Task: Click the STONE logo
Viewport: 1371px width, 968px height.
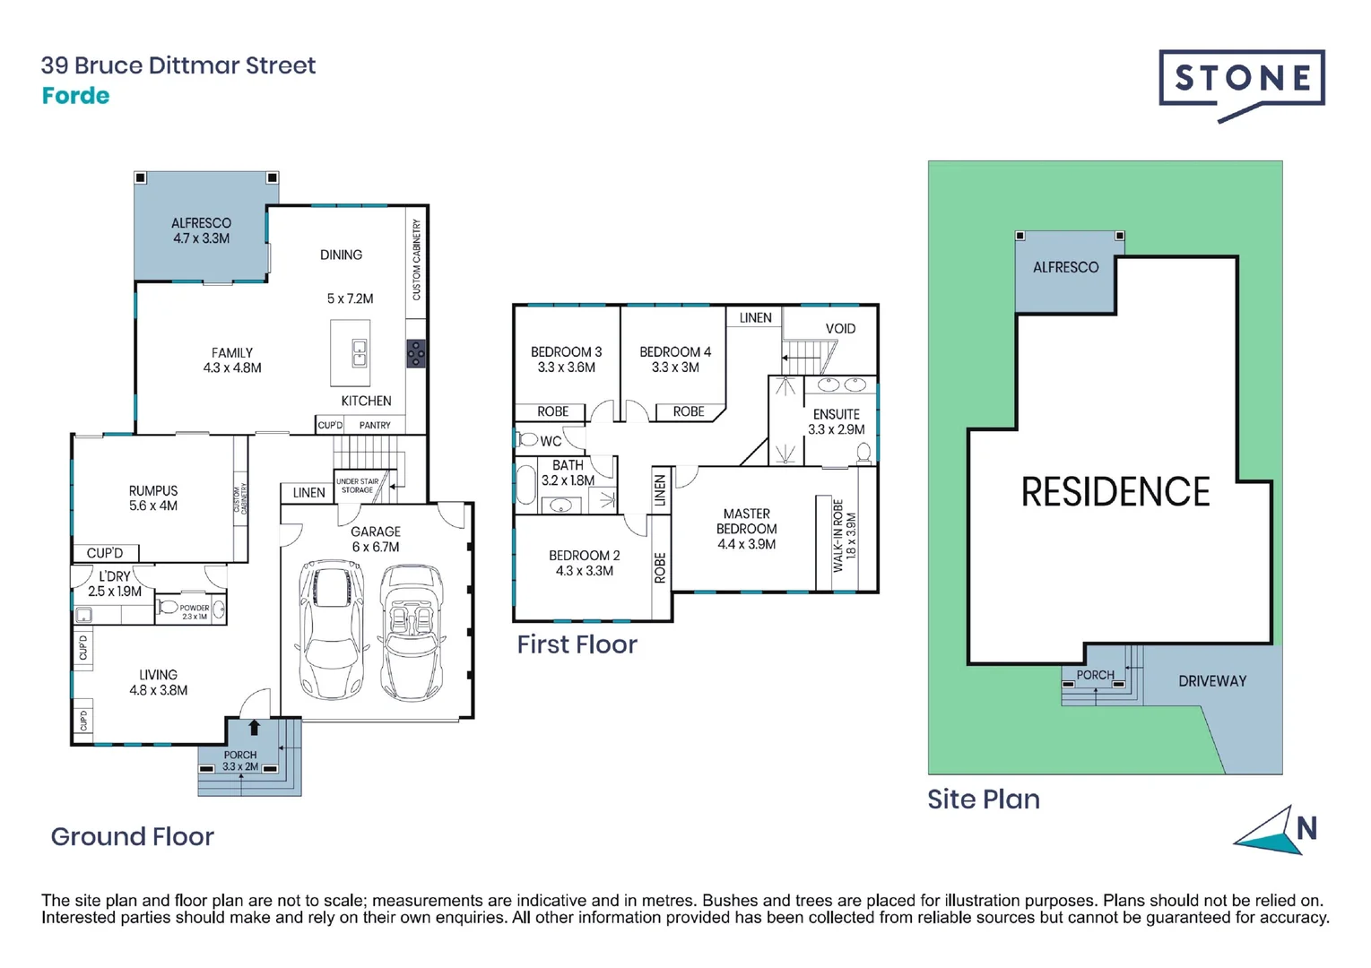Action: [x=1242, y=80]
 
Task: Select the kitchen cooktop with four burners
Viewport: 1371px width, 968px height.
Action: [x=416, y=353]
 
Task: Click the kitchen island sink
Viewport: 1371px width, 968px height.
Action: [x=359, y=353]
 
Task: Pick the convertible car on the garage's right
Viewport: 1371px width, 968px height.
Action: [x=412, y=633]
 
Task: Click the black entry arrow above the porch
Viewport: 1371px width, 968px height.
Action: [x=254, y=728]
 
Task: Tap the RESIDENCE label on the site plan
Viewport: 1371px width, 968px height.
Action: [x=1115, y=492]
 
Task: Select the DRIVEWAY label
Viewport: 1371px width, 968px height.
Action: [x=1211, y=681]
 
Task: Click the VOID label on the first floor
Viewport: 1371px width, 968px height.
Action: [x=840, y=329]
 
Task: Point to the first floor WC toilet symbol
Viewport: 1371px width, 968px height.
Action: [x=528, y=440]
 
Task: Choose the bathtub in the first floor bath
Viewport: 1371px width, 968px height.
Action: [x=525, y=485]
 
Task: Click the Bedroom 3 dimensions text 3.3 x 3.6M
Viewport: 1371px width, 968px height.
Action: [x=566, y=367]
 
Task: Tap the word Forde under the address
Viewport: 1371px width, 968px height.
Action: [x=75, y=96]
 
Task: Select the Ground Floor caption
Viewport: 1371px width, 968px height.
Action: [x=132, y=836]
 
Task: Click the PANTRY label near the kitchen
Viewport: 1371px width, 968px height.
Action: [x=375, y=425]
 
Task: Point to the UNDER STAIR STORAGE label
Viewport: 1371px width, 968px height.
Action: [x=357, y=486]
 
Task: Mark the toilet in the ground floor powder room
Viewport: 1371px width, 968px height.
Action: [x=168, y=608]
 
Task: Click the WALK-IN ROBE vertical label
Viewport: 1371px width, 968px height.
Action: [x=838, y=535]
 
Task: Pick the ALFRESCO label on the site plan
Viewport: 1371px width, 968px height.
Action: [x=1065, y=267]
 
